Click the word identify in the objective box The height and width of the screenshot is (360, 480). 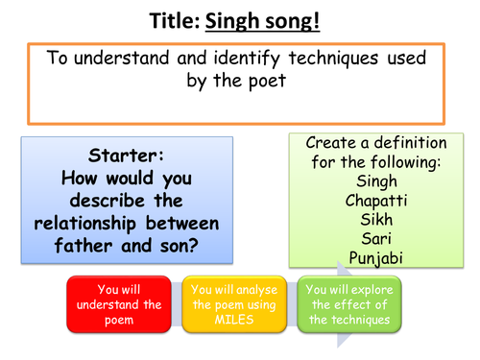pos(253,59)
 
